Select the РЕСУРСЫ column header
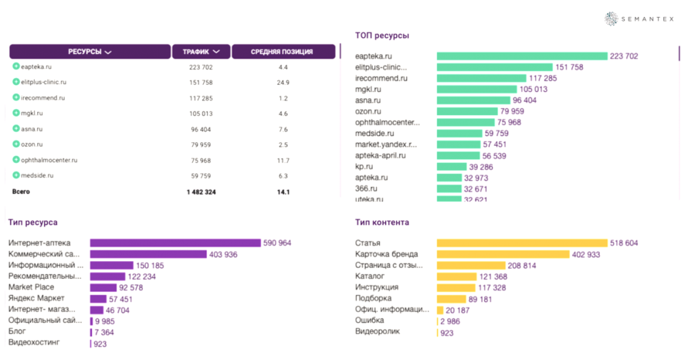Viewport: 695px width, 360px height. click(89, 52)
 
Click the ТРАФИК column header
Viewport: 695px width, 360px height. click(200, 52)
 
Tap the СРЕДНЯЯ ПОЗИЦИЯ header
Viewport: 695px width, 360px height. click(282, 52)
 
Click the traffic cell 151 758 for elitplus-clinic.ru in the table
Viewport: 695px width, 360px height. click(200, 82)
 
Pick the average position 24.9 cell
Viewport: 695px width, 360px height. click(283, 82)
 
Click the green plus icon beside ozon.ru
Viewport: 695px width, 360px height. click(16, 144)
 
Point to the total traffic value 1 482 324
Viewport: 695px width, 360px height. click(200, 192)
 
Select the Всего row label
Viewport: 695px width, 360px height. click(21, 192)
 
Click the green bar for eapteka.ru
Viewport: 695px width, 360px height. click(522, 56)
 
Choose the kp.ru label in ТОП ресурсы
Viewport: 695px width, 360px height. click(364, 166)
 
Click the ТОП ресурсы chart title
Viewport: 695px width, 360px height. click(381, 36)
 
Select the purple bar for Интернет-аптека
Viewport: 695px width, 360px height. click(175, 243)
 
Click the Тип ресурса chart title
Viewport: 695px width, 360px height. click(32, 222)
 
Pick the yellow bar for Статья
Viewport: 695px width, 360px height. click(522, 243)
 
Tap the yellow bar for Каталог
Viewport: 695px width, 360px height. click(456, 277)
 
